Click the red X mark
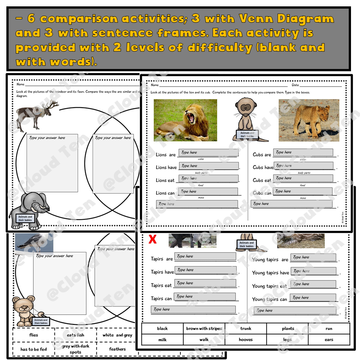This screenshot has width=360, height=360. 152,239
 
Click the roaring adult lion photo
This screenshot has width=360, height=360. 185,120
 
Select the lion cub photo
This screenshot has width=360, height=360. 309,120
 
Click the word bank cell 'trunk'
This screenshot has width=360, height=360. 246,328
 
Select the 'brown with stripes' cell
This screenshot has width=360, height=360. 204,328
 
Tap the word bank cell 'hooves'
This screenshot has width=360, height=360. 246,340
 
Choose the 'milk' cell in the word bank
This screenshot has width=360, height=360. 162,340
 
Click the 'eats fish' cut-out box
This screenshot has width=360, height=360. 76,335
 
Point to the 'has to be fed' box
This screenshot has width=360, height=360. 34,349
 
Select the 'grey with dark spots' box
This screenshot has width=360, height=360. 76,349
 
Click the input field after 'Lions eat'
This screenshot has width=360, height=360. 208,178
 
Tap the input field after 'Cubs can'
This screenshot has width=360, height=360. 303,192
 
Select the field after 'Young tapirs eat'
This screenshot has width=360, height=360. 313,284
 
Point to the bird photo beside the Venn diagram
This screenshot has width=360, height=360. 34,243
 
